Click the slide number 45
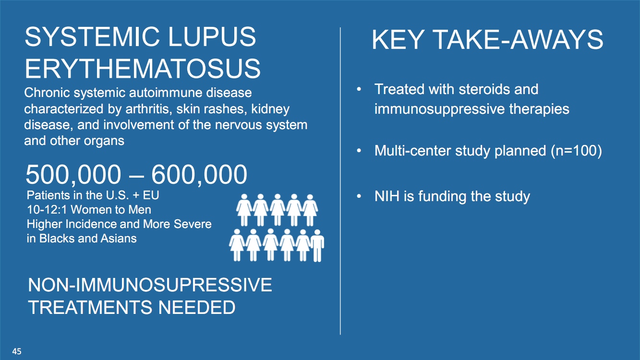17,351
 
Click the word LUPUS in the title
212,36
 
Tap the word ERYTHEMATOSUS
143,69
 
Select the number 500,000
73,174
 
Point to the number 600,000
199,174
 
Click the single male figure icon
317,246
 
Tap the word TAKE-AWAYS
518,40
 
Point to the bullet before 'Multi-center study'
359,151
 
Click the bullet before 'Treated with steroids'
359,89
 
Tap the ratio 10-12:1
47,210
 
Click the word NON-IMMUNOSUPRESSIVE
150,285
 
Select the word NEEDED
196,307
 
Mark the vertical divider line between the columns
340,181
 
